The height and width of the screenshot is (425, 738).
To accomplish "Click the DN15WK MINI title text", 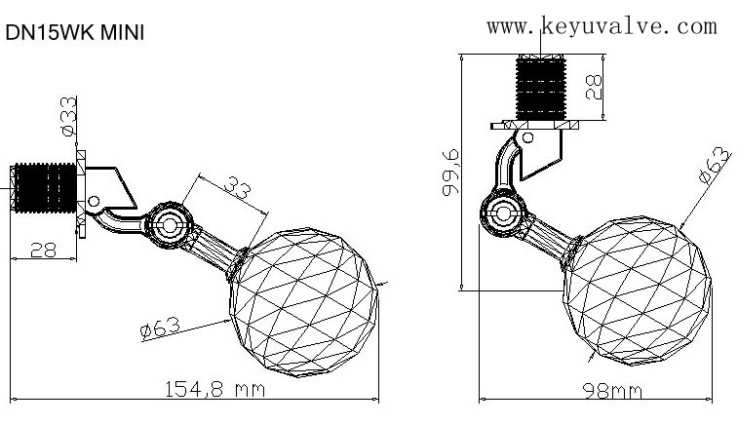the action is pyautogui.click(x=74, y=33).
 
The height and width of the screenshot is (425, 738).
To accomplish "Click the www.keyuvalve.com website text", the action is pyautogui.click(x=602, y=26).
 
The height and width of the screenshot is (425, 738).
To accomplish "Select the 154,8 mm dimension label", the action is pyautogui.click(x=215, y=389).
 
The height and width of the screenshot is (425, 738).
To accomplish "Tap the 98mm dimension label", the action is pyautogui.click(x=612, y=391).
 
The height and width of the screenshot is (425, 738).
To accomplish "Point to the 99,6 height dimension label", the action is pyautogui.click(x=450, y=173).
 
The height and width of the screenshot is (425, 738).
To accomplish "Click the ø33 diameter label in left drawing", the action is pyautogui.click(x=68, y=116).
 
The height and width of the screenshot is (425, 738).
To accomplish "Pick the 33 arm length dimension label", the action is pyautogui.click(x=237, y=188).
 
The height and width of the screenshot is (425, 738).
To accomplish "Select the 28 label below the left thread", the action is pyautogui.click(x=43, y=250).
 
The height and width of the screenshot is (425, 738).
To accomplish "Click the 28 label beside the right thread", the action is pyautogui.click(x=594, y=87).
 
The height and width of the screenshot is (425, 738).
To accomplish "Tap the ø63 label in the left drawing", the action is pyautogui.click(x=161, y=328).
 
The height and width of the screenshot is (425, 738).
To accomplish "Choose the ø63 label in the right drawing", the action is pyautogui.click(x=715, y=165).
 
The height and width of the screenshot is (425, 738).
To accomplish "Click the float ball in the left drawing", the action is pyautogui.click(x=304, y=302).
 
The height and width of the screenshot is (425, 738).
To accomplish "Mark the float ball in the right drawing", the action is pyautogui.click(x=638, y=290).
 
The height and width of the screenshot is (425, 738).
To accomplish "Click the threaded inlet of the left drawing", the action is pyautogui.click(x=45, y=188).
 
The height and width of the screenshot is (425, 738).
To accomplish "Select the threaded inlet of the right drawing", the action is pyautogui.click(x=541, y=88).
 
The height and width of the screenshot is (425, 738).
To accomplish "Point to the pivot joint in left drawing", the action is pyautogui.click(x=169, y=225).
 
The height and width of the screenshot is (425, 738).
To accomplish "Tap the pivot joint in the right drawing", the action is pyautogui.click(x=503, y=212).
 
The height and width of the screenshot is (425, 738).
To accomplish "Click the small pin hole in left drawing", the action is pyautogui.click(x=94, y=202).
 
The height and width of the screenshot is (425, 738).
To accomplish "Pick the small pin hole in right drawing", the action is pyautogui.click(x=528, y=137).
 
